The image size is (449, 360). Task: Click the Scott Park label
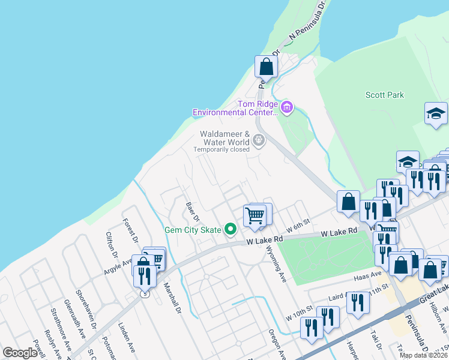click(385, 95)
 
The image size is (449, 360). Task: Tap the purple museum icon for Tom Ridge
click(287, 108)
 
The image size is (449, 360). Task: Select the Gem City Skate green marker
click(229, 229)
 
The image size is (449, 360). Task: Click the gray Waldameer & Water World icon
click(259, 141)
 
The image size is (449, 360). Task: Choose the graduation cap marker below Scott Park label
click(436, 113)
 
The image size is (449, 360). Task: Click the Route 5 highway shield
click(144, 293)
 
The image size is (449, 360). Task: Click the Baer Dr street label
click(191, 212)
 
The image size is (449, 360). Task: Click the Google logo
click(20, 353)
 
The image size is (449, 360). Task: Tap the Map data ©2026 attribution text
click(423, 355)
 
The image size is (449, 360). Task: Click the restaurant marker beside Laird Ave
click(357, 304)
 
